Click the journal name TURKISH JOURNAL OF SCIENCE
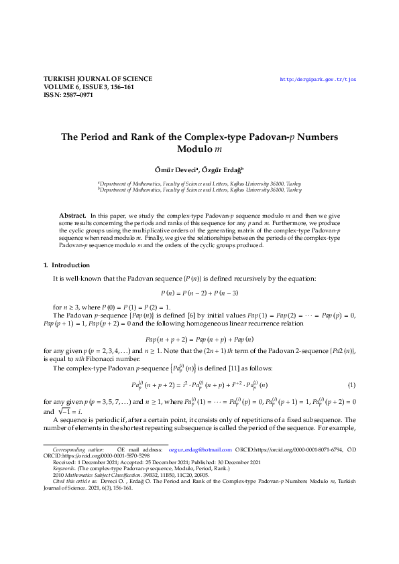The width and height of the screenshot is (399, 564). [97, 79]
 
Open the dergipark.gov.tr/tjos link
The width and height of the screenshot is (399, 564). [317, 79]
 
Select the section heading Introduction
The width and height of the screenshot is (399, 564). [66, 265]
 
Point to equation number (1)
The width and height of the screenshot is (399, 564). [351, 384]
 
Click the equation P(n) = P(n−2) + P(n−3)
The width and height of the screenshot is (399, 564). [199, 293]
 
